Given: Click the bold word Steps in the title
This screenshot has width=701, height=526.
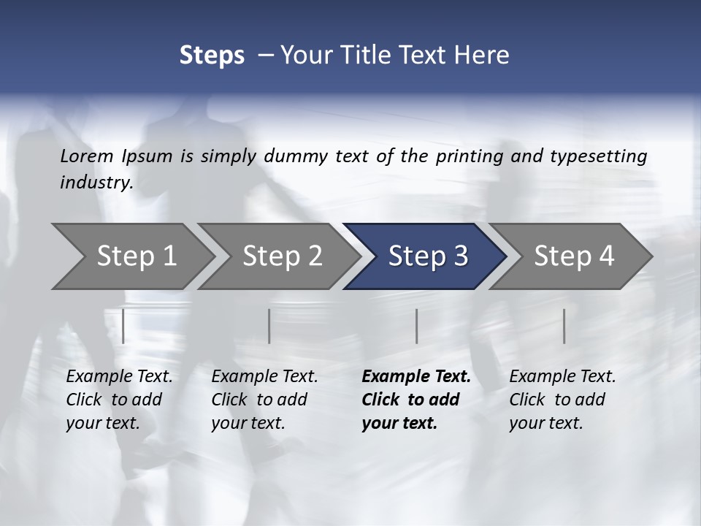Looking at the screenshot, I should point(212,56).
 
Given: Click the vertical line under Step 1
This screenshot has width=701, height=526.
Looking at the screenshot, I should point(123,326).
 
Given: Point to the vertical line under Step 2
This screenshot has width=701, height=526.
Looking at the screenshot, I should point(269,326).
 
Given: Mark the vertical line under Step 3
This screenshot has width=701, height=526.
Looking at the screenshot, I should point(416,326).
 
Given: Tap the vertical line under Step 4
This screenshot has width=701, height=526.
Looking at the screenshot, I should point(564,326).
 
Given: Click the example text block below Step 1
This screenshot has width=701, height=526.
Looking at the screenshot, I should point(119,400).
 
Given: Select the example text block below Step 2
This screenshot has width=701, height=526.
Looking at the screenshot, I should point(264,400).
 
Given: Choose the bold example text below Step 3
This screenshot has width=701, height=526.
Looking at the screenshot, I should point(416,400).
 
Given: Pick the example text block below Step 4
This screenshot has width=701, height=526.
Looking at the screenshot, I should point(562,400).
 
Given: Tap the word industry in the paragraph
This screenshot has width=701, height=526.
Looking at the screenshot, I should point(96,183).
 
